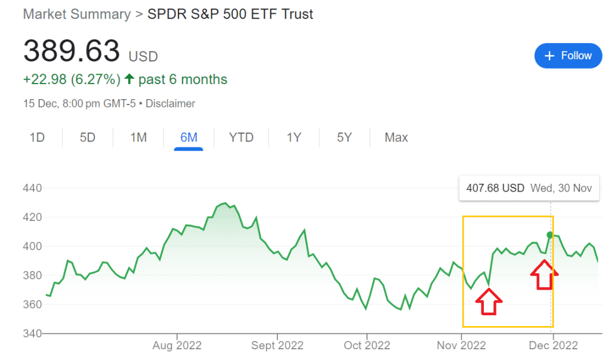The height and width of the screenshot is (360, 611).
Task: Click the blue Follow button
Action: [x=567, y=56]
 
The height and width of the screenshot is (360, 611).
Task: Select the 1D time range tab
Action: [x=37, y=138]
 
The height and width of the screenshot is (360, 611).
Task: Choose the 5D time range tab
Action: [x=88, y=138]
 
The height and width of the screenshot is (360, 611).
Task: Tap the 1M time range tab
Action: [x=138, y=138]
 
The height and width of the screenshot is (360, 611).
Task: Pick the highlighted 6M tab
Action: [x=189, y=138]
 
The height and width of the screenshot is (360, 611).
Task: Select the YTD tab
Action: [x=241, y=138]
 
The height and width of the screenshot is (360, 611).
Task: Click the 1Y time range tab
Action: [x=294, y=138]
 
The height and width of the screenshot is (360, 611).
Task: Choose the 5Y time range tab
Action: [x=344, y=138]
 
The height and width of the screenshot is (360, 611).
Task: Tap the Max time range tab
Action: [x=396, y=138]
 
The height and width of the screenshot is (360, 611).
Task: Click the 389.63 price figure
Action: [x=72, y=51]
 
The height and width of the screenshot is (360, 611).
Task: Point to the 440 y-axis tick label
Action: [x=32, y=189]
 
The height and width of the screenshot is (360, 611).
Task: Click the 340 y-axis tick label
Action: [x=32, y=333]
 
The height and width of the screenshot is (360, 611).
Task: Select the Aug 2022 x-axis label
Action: [x=177, y=346]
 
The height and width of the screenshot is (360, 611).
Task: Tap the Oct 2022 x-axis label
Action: [x=368, y=346]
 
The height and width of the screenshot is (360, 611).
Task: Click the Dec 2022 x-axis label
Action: [x=553, y=346]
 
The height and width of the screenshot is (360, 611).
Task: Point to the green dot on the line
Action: [x=550, y=235]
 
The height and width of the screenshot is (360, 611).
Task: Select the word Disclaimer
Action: [x=170, y=104]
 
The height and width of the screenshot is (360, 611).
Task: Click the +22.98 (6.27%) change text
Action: [x=72, y=79]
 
